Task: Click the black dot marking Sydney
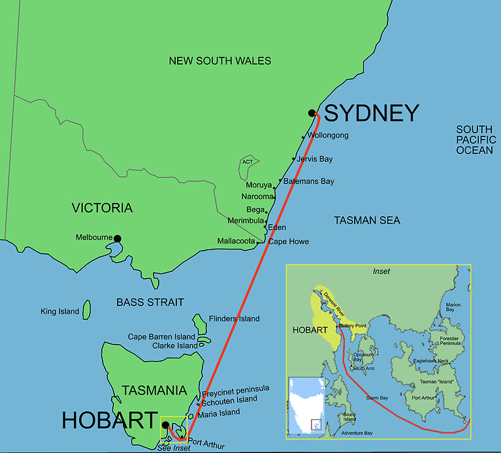[312, 113]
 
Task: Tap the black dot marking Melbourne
[118, 238]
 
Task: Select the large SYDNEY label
[371, 113]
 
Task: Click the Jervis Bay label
[314, 159]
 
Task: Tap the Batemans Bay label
[309, 181]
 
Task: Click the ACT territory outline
[248, 168]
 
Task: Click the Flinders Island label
[234, 319]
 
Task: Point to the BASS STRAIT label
[150, 302]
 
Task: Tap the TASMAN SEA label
[367, 220]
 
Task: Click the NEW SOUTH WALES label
[219, 61]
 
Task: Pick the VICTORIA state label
[102, 208]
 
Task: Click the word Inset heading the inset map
[380, 270]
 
